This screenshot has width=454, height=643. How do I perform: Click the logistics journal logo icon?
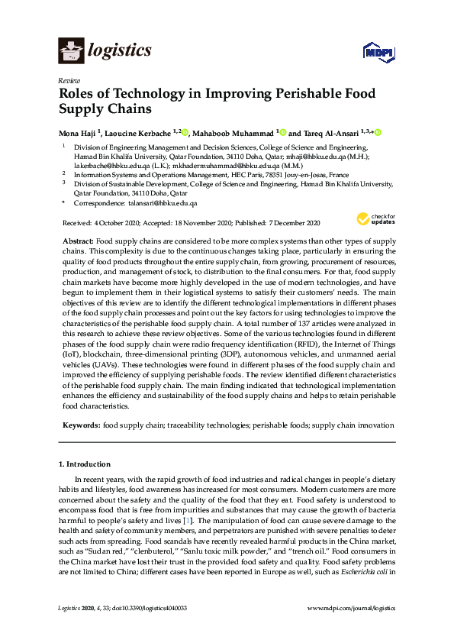(x=71, y=50)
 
